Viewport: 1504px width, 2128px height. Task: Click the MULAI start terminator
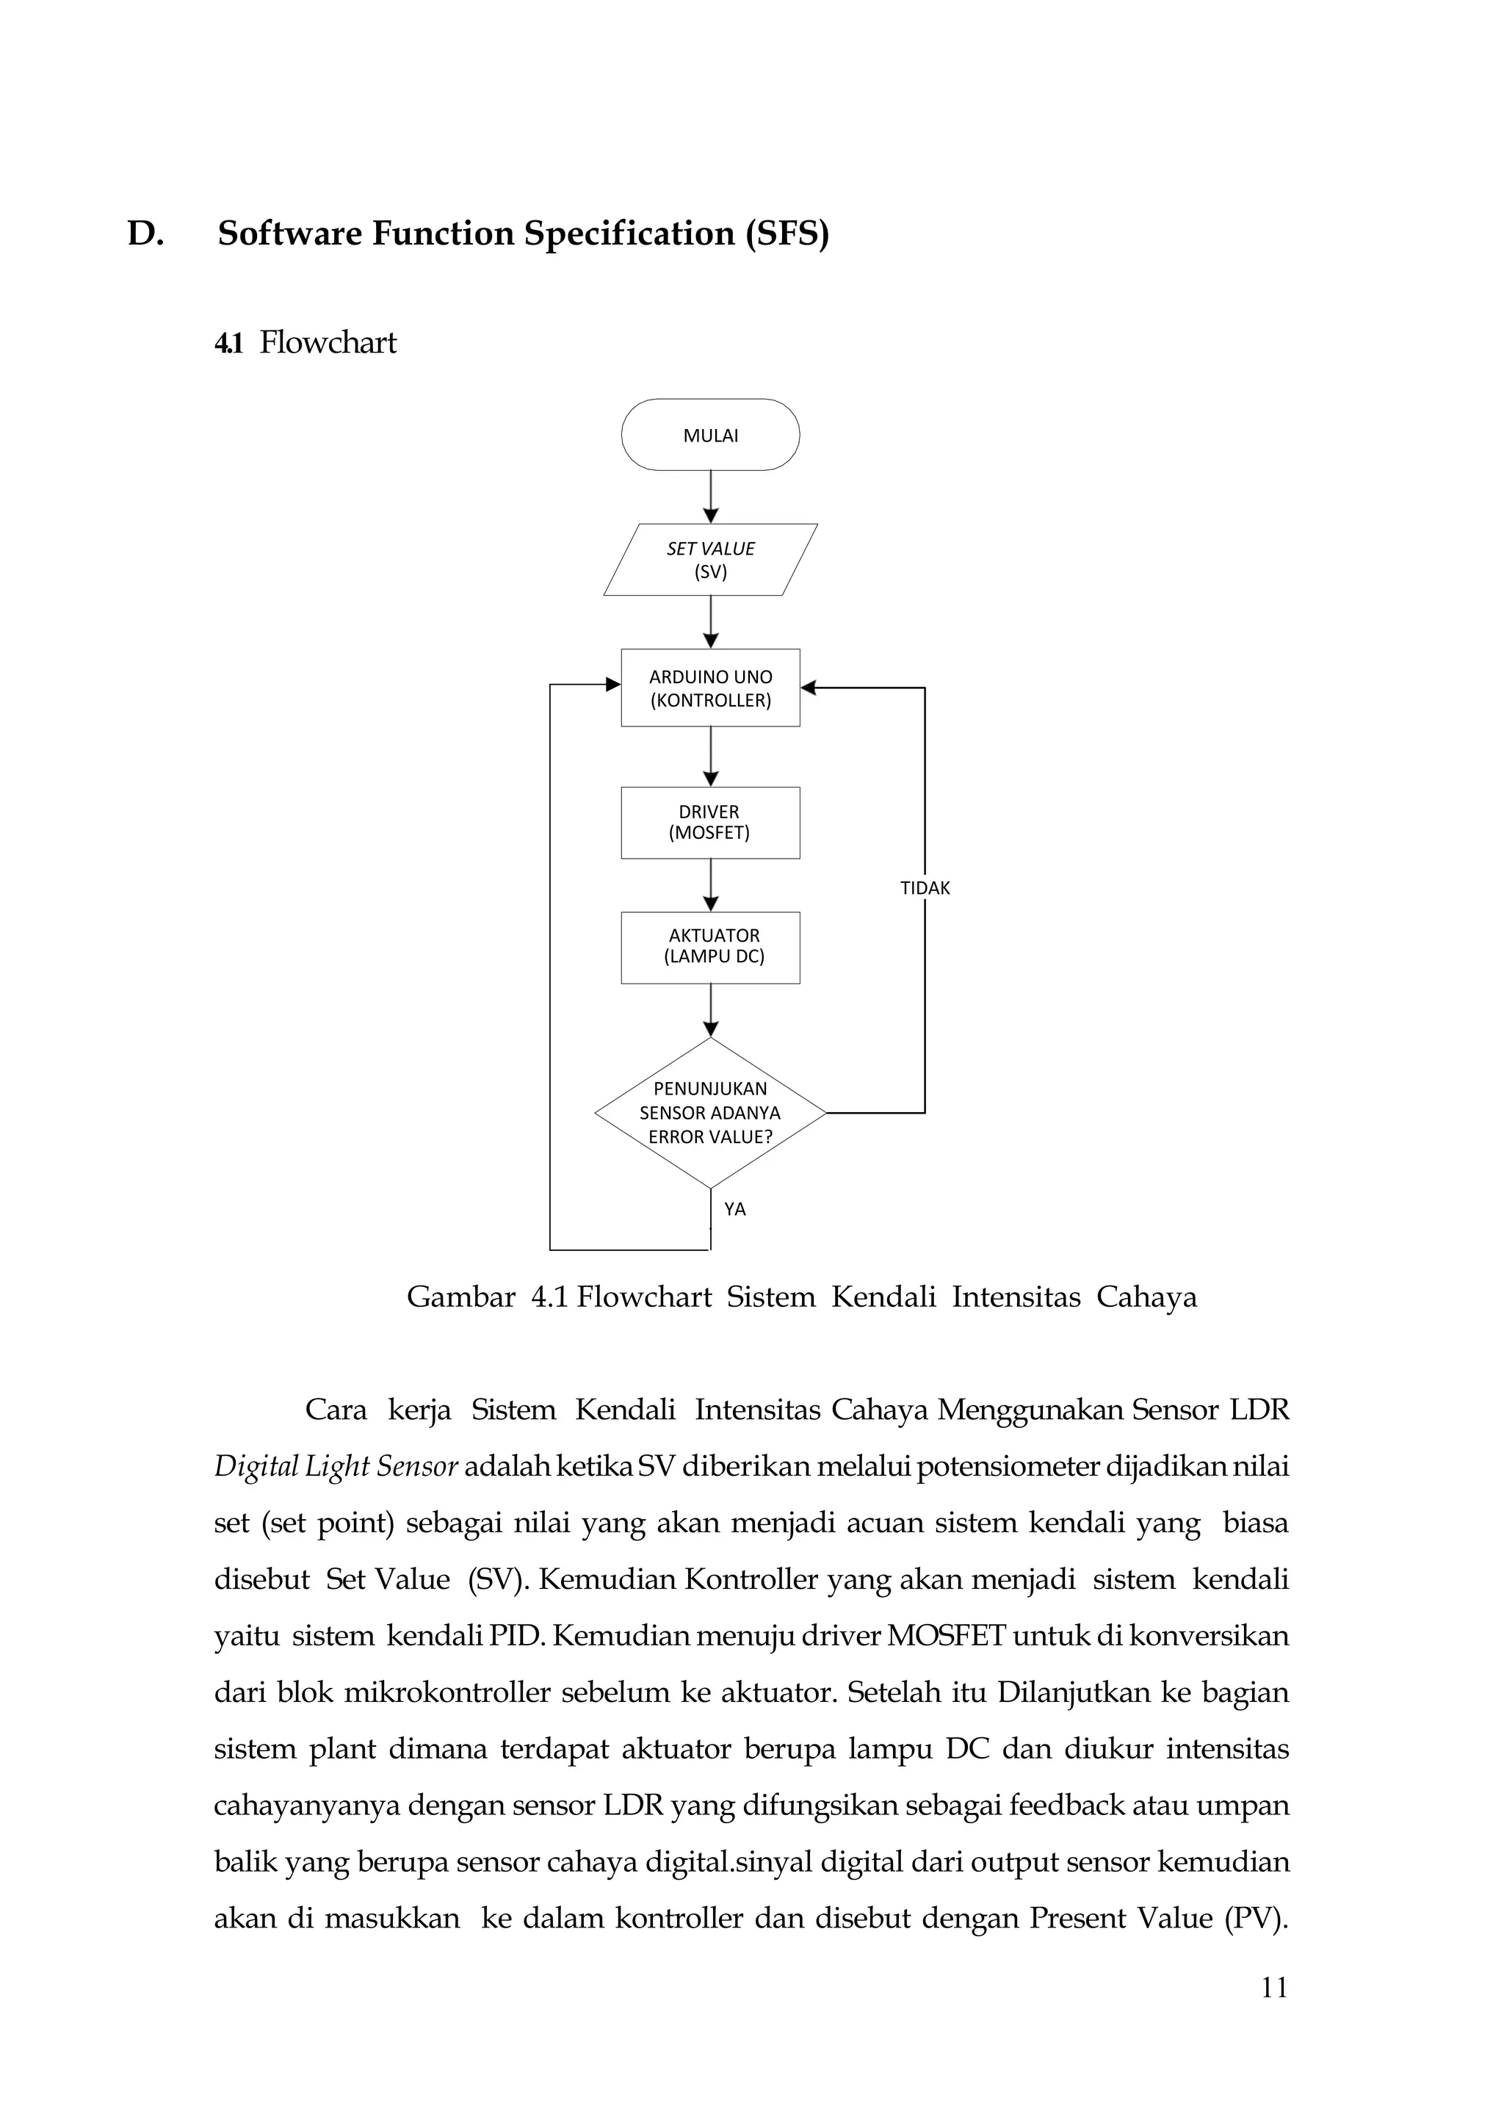pyautogui.click(x=710, y=435)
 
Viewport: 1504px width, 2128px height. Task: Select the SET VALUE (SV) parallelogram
pyautogui.click(x=710, y=560)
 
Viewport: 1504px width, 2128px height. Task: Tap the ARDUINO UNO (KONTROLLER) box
pyautogui.click(x=710, y=688)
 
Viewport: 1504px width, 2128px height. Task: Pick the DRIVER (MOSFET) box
pyautogui.click(x=710, y=822)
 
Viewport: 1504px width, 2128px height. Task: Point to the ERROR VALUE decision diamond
pyautogui.click(x=710, y=1112)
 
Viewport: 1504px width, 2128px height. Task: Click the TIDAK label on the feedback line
pyautogui.click(x=925, y=888)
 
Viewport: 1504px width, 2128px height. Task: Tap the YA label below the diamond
pyautogui.click(x=735, y=1208)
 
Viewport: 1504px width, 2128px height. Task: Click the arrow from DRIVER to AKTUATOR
pyautogui.click(x=711, y=885)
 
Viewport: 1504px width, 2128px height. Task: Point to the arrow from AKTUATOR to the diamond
pyautogui.click(x=711, y=1010)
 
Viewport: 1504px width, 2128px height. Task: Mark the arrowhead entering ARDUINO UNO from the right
pyautogui.click(x=808, y=688)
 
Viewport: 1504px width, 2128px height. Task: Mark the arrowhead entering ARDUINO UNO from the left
pyautogui.click(x=612, y=684)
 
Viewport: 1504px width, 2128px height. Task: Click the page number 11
pyautogui.click(x=1274, y=1988)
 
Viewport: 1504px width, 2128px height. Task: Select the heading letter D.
pyautogui.click(x=145, y=234)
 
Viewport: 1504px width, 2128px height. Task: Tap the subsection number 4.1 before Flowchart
pyautogui.click(x=228, y=343)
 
